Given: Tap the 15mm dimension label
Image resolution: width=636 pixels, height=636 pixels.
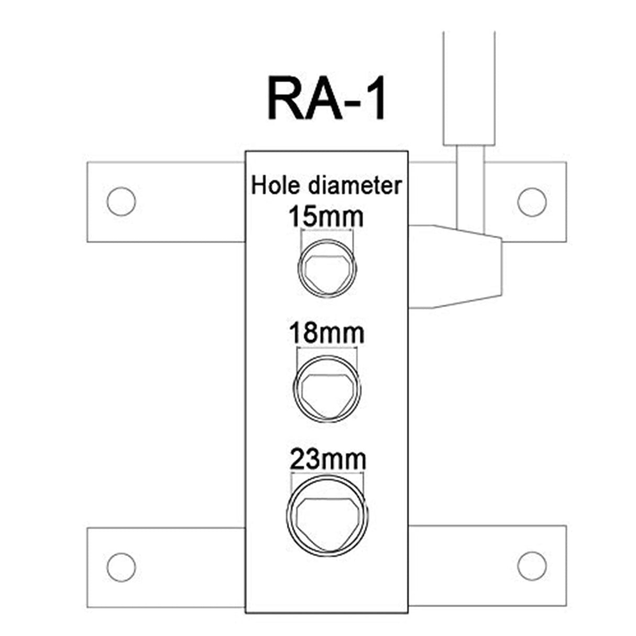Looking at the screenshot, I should [x=326, y=217].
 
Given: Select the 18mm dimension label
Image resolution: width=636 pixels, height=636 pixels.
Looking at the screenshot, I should [x=326, y=333].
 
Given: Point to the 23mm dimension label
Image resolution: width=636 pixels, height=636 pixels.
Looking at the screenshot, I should [x=327, y=459].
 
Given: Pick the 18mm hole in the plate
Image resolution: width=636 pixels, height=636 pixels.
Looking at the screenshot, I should [x=326, y=387].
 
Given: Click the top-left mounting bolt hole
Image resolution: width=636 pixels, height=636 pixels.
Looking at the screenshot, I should [x=121, y=201].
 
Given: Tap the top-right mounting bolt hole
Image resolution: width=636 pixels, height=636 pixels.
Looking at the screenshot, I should [x=532, y=201].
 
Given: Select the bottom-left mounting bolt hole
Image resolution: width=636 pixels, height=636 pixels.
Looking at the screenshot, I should [x=121, y=566].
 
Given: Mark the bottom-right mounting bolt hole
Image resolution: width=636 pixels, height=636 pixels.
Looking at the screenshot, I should [x=532, y=566].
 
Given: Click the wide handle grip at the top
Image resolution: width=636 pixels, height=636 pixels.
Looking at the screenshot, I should [x=468, y=86].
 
